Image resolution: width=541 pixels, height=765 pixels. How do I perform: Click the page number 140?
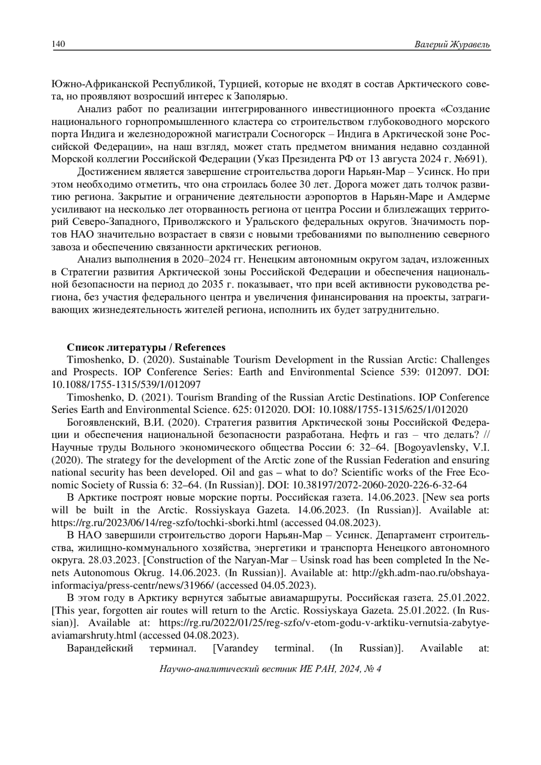59,44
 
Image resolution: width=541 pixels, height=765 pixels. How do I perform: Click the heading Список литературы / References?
146,347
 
